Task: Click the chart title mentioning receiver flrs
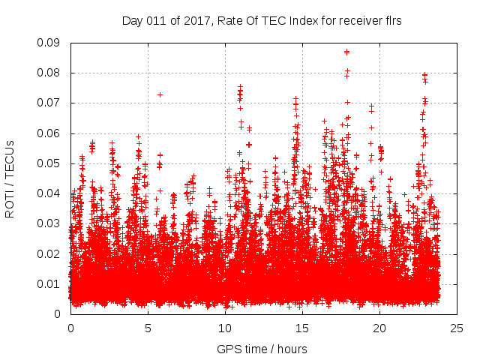tap(262, 21)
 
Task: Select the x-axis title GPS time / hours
tap(262, 349)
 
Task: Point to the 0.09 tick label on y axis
tap(50, 43)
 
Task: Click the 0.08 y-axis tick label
tap(50, 73)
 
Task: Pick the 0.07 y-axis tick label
tap(50, 103)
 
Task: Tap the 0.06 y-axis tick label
tap(50, 133)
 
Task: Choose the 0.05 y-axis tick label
tap(50, 163)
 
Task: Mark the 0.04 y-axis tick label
tap(50, 193)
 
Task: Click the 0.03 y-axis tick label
tap(50, 223)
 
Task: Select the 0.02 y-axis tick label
tap(50, 253)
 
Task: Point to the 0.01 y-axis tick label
tap(50, 283)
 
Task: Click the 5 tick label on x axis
tap(148, 328)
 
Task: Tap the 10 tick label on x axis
tap(225, 328)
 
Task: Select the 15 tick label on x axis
tap(302, 328)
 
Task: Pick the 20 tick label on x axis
tap(379, 328)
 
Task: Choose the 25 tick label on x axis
tap(457, 328)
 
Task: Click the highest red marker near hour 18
tap(346, 52)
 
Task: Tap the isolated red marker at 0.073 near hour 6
tap(160, 94)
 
